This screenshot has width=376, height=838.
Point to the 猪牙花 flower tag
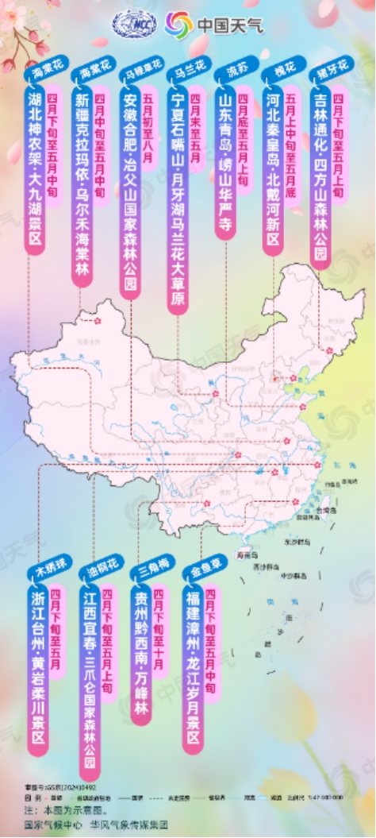(x=322, y=71)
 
